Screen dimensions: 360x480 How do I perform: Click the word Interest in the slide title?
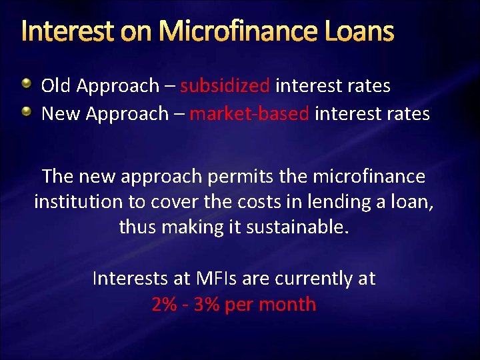pyautogui.click(x=61, y=31)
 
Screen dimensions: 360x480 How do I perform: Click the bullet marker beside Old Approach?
pyautogui.click(x=25, y=84)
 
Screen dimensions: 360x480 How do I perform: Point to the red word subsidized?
pyautogui.click(x=225, y=86)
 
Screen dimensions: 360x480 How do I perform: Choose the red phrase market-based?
pyautogui.click(x=249, y=114)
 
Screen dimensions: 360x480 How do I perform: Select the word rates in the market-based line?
pyautogui.click(x=409, y=114)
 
